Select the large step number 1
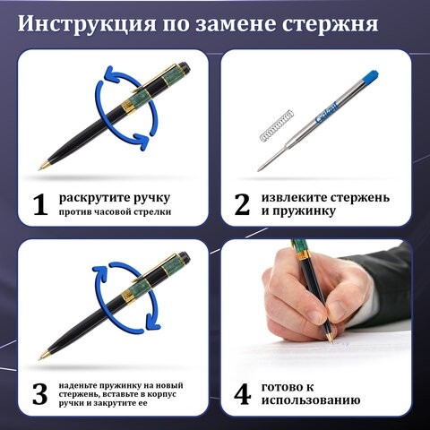tap(39, 205)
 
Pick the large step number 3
tap(39, 393)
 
